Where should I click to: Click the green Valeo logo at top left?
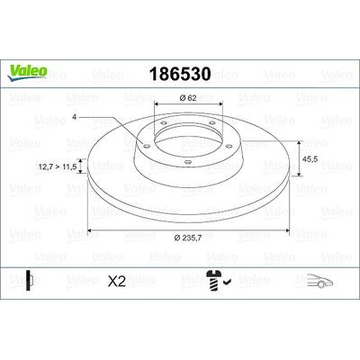point(27,73)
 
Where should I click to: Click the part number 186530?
point(180,74)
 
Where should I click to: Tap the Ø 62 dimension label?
point(188,98)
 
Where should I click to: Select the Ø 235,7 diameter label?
point(188,238)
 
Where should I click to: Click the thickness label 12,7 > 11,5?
point(58,166)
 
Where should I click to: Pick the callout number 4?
point(74,117)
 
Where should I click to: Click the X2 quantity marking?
point(117,281)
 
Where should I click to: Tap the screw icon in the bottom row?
point(213,280)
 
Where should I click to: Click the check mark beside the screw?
point(227,282)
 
